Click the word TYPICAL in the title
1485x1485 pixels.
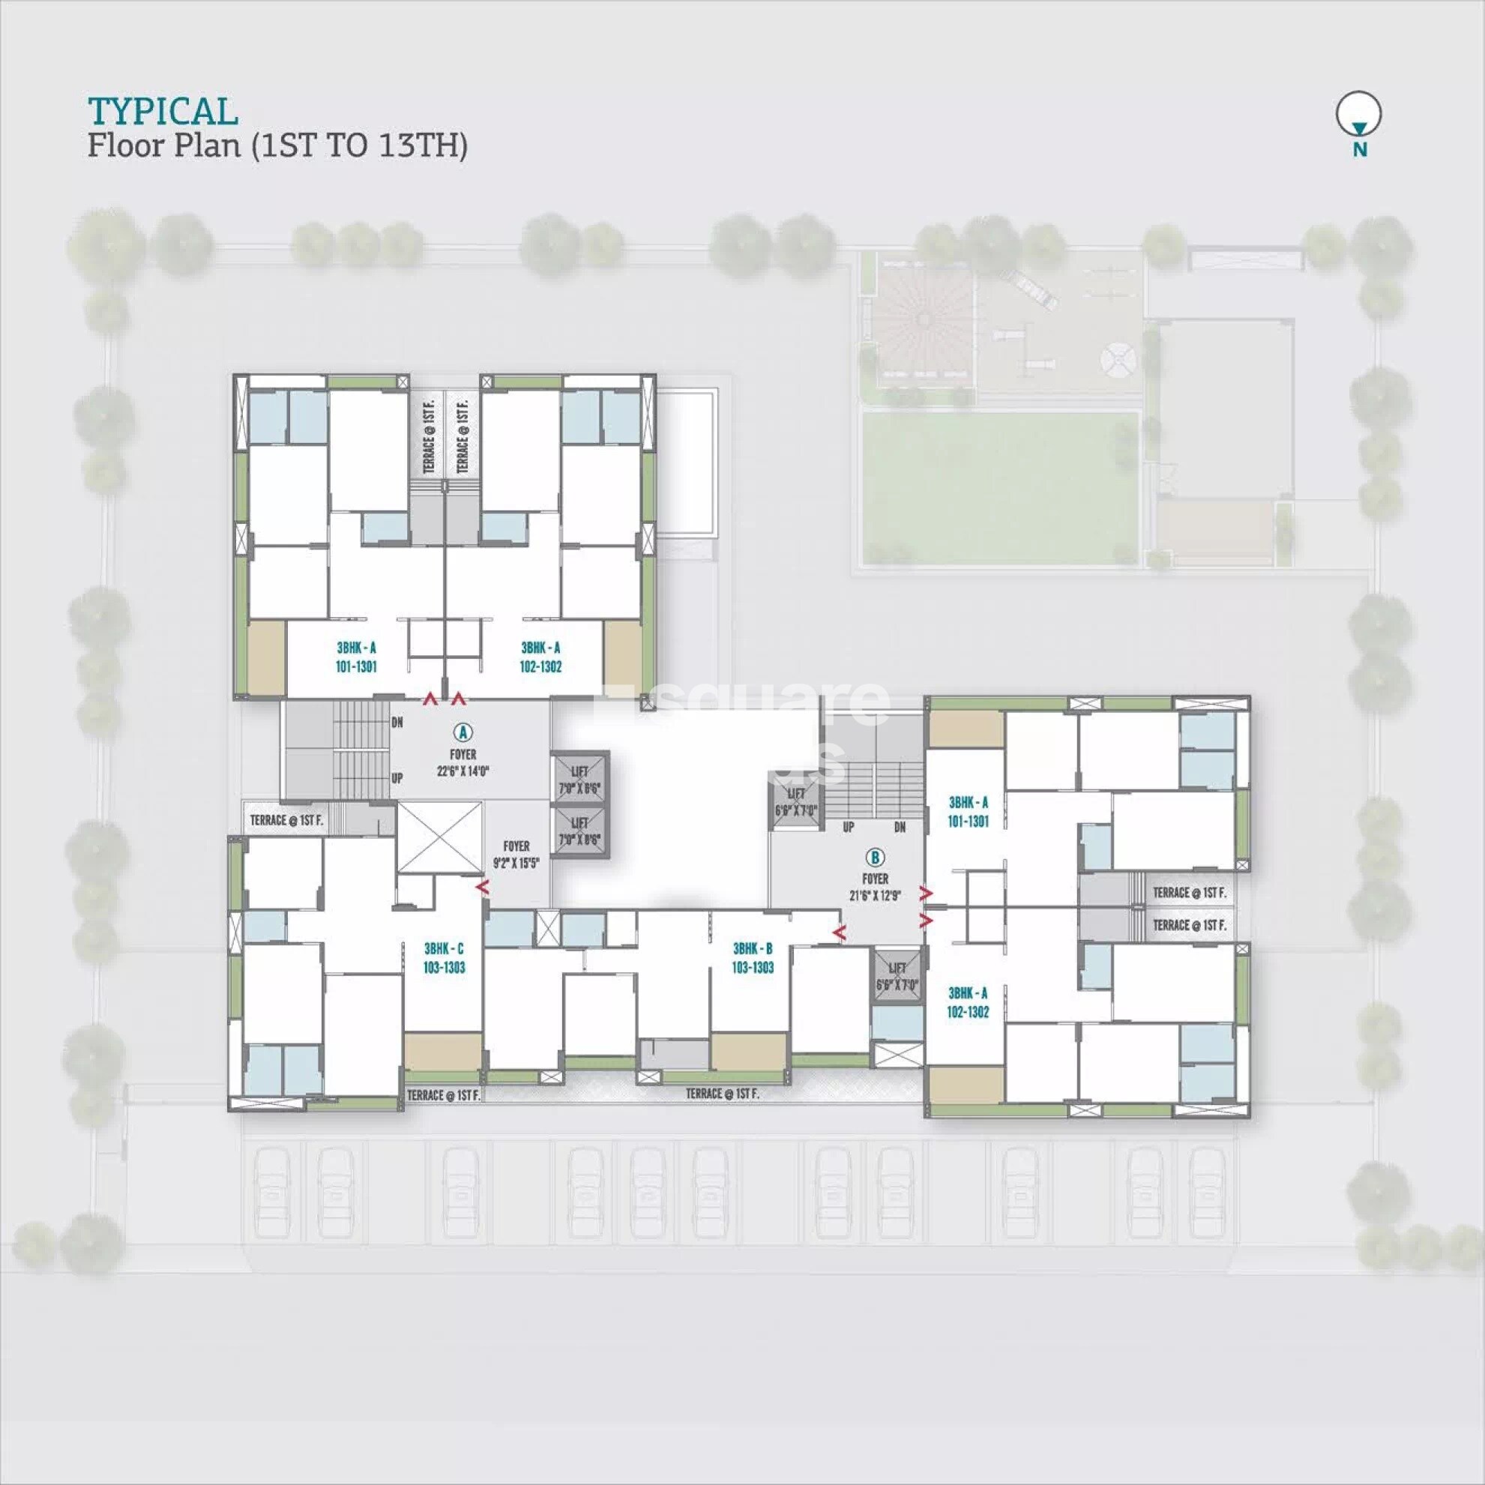click(x=163, y=112)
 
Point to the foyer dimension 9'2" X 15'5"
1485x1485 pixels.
click(x=516, y=863)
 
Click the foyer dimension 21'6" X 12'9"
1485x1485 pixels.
click(x=875, y=895)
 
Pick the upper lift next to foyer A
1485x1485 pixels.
click(x=579, y=779)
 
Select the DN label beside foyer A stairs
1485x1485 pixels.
click(x=397, y=723)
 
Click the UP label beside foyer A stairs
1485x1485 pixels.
click(x=397, y=778)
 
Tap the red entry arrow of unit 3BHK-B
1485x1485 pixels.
click(x=841, y=933)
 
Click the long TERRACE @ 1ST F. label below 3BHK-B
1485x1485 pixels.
click(x=722, y=1093)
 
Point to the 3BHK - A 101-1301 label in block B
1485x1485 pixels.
click(x=968, y=812)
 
